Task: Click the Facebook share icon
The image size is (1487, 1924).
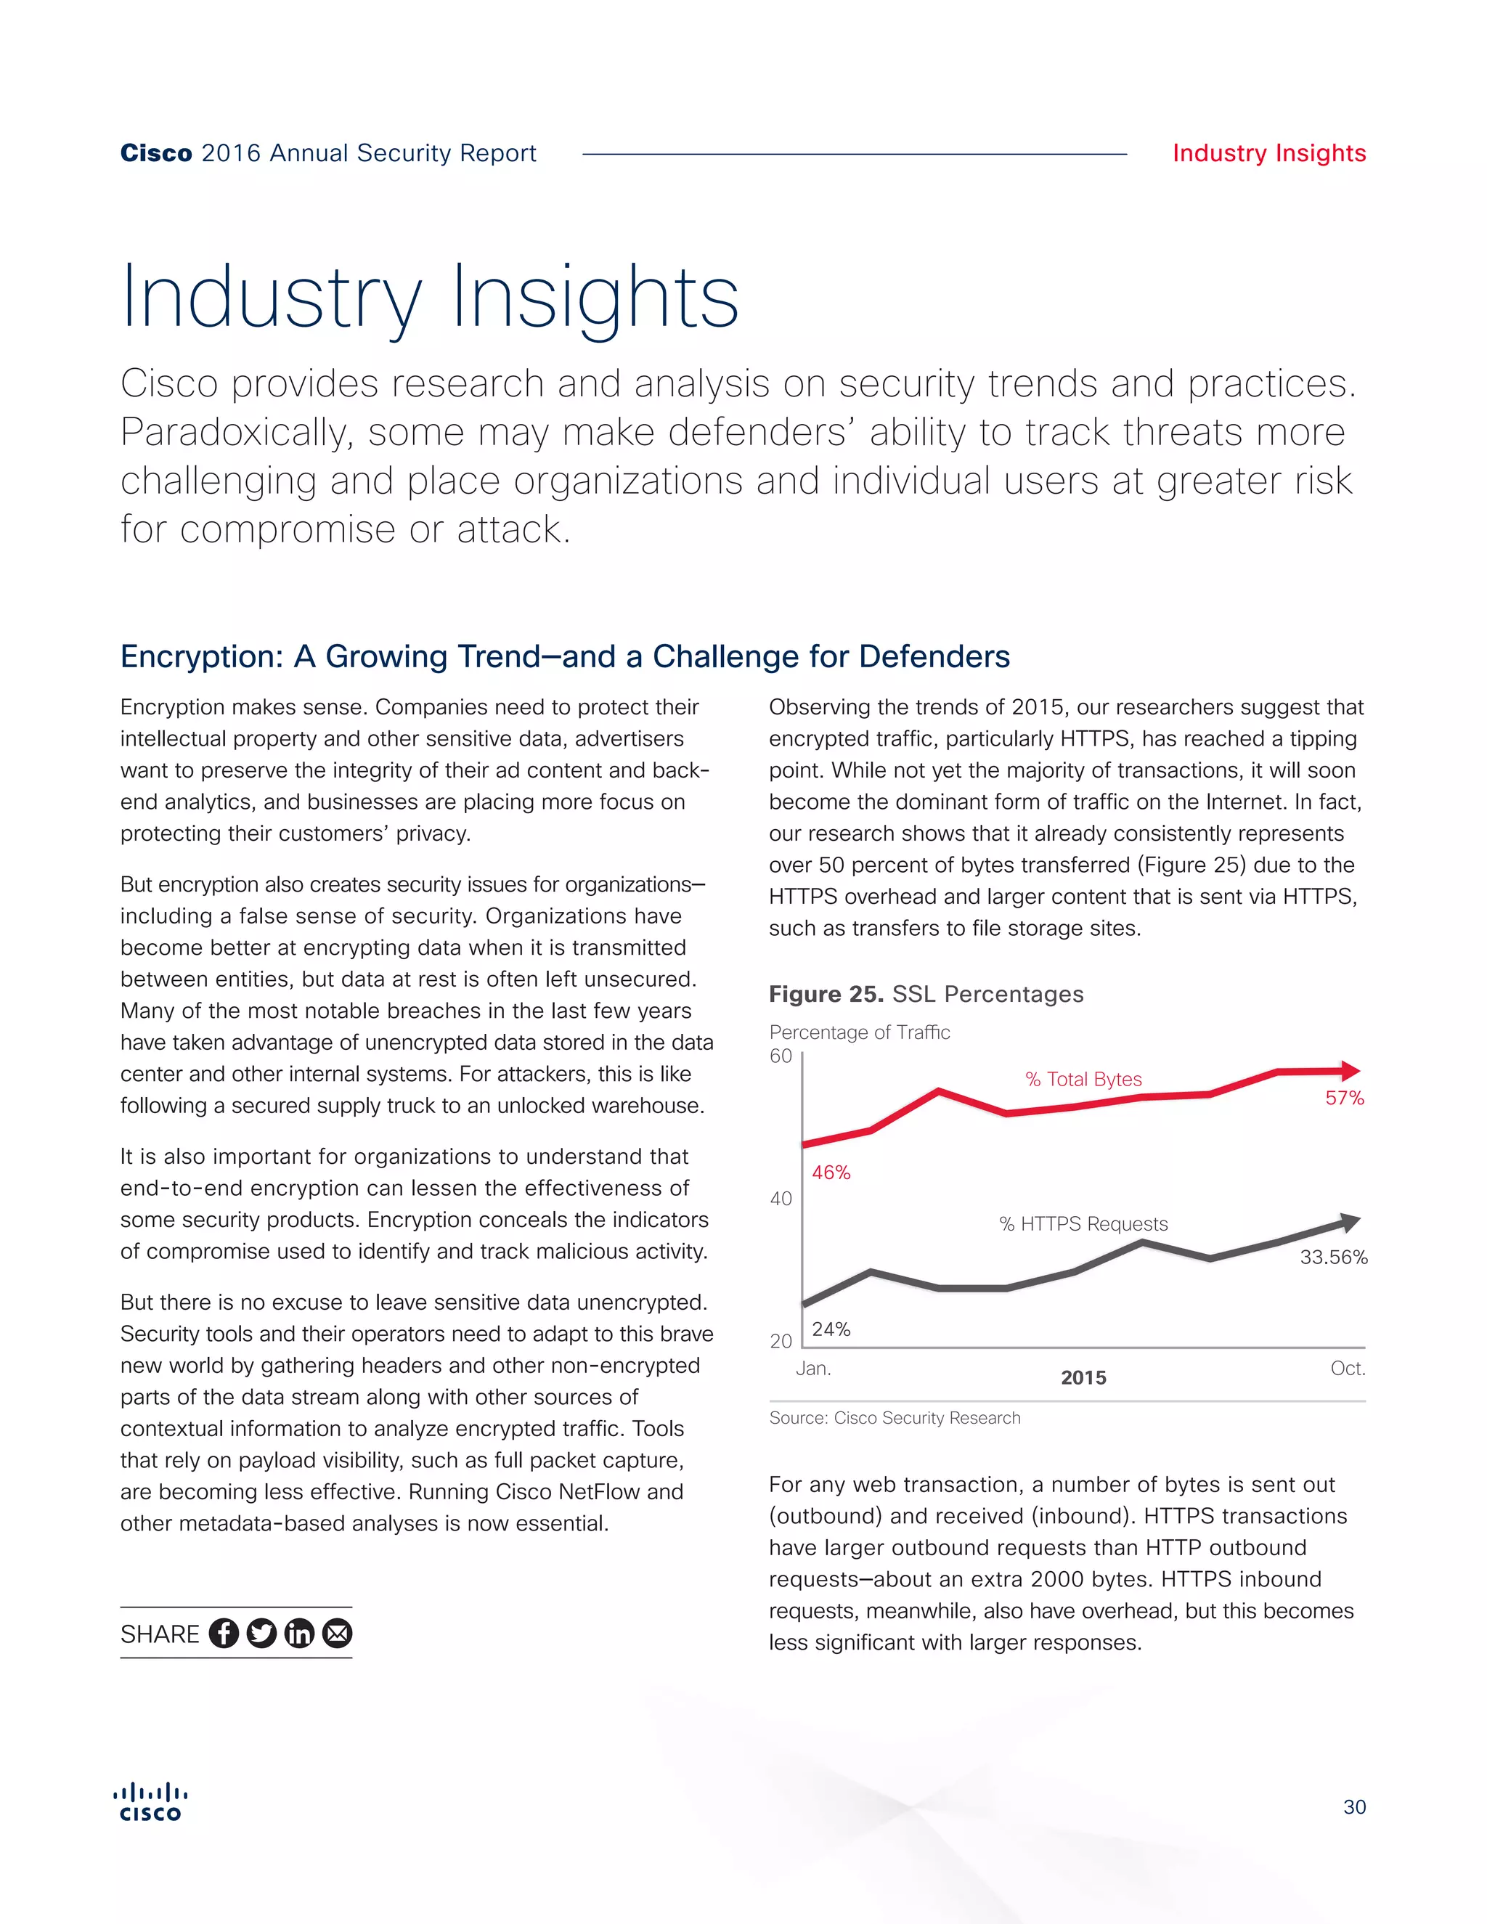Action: pos(224,1634)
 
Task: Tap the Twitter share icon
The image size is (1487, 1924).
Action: pos(261,1634)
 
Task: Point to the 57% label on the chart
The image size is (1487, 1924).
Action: pos(1344,1098)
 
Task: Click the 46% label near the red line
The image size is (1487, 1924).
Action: pos(831,1173)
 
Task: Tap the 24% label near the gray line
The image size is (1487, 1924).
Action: pos(831,1329)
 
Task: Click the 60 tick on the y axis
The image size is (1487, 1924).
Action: pos(781,1056)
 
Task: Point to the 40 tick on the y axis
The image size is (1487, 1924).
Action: pos(781,1199)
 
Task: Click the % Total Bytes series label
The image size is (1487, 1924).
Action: pos(1083,1079)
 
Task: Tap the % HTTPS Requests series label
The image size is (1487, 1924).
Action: pos(1083,1223)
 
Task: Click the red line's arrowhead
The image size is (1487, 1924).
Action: pos(1350,1071)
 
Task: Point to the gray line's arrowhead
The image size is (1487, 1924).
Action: pos(1350,1222)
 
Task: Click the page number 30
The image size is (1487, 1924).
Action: pos(1354,1808)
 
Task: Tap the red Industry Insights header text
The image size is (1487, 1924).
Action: pos(1268,153)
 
